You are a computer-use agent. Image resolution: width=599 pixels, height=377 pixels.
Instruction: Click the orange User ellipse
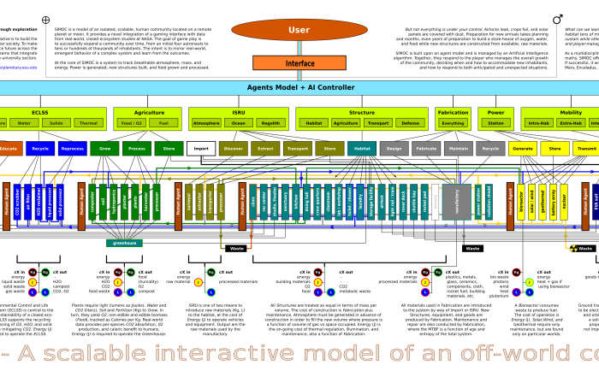click(x=299, y=30)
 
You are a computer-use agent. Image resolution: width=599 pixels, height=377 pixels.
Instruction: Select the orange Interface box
click(x=299, y=63)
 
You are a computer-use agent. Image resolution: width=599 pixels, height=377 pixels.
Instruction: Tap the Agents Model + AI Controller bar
click(x=299, y=87)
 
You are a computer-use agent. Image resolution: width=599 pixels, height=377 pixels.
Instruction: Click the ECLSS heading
click(x=39, y=112)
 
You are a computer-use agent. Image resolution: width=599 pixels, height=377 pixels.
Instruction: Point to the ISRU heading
click(x=239, y=112)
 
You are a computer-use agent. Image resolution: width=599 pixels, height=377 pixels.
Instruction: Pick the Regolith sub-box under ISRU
click(x=270, y=123)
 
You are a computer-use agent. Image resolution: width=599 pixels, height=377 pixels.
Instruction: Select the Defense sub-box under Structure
click(x=411, y=123)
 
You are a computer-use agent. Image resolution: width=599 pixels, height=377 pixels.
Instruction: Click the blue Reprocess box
click(x=73, y=148)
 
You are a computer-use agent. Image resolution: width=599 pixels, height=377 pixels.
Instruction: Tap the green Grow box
click(x=104, y=148)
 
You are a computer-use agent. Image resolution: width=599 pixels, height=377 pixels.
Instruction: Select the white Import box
click(x=201, y=148)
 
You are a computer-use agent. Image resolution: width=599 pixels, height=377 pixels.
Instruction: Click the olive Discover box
click(x=233, y=148)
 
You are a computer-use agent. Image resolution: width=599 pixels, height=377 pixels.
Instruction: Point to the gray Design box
click(x=394, y=148)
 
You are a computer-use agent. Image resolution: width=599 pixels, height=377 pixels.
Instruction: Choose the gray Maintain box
click(x=458, y=148)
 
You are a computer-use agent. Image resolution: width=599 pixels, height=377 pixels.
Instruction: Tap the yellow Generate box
click(x=522, y=148)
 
